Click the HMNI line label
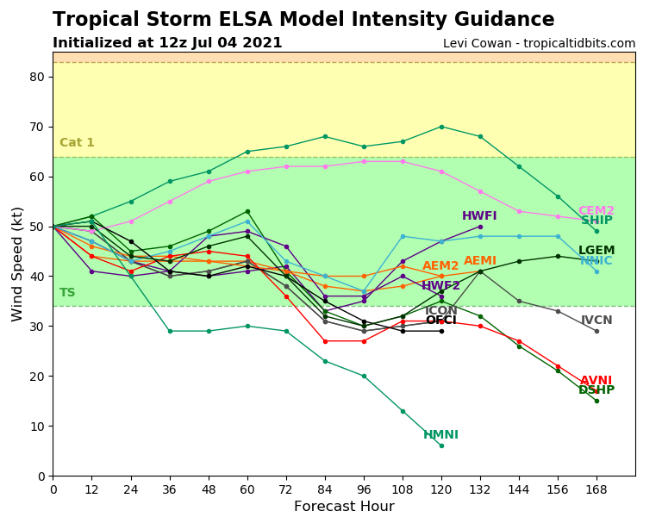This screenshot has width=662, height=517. click(440, 435)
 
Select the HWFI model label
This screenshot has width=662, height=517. click(479, 216)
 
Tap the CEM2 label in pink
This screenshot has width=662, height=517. click(596, 211)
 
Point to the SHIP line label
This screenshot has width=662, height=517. click(596, 221)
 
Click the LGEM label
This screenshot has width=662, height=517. click(596, 251)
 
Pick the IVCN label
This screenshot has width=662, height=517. click(596, 321)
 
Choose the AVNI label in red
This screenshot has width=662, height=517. click(596, 381)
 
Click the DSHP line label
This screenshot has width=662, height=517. click(596, 390)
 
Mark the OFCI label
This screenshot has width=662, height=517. click(441, 321)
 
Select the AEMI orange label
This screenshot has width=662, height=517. click(480, 261)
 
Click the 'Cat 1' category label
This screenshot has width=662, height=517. click(77, 143)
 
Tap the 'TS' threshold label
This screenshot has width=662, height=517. click(67, 293)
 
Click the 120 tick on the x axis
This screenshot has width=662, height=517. click(441, 489)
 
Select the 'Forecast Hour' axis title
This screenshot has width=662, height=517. click(344, 507)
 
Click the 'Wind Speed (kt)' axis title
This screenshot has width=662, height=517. click(18, 264)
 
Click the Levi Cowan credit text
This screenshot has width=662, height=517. click(539, 43)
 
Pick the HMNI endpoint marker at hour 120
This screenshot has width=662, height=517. click(441, 445)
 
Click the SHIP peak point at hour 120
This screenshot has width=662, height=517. click(441, 127)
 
